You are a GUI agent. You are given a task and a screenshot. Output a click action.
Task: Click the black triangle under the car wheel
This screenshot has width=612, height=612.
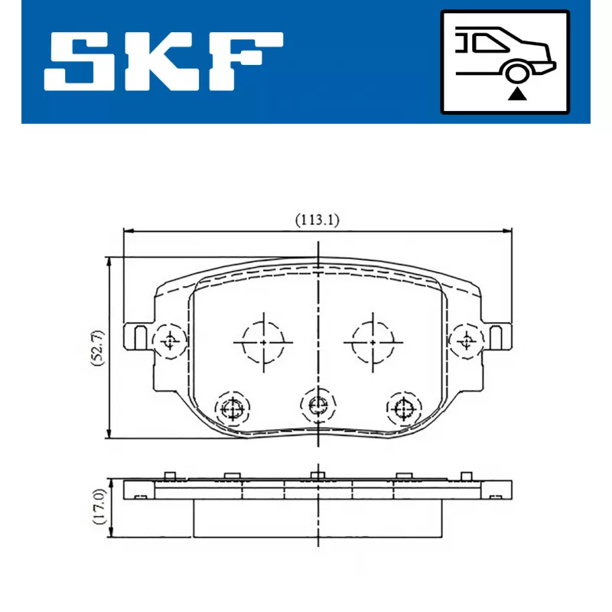517,94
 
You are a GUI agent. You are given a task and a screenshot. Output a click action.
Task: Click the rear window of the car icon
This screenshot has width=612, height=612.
490,43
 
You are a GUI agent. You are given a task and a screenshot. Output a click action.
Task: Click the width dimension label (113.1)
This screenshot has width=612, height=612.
317,220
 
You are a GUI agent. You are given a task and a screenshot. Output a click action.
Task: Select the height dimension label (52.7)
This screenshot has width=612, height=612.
98,347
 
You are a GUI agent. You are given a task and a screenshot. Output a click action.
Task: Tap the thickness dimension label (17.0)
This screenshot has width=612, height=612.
99,506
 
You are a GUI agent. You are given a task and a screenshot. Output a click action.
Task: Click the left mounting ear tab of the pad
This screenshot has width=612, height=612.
138,337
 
